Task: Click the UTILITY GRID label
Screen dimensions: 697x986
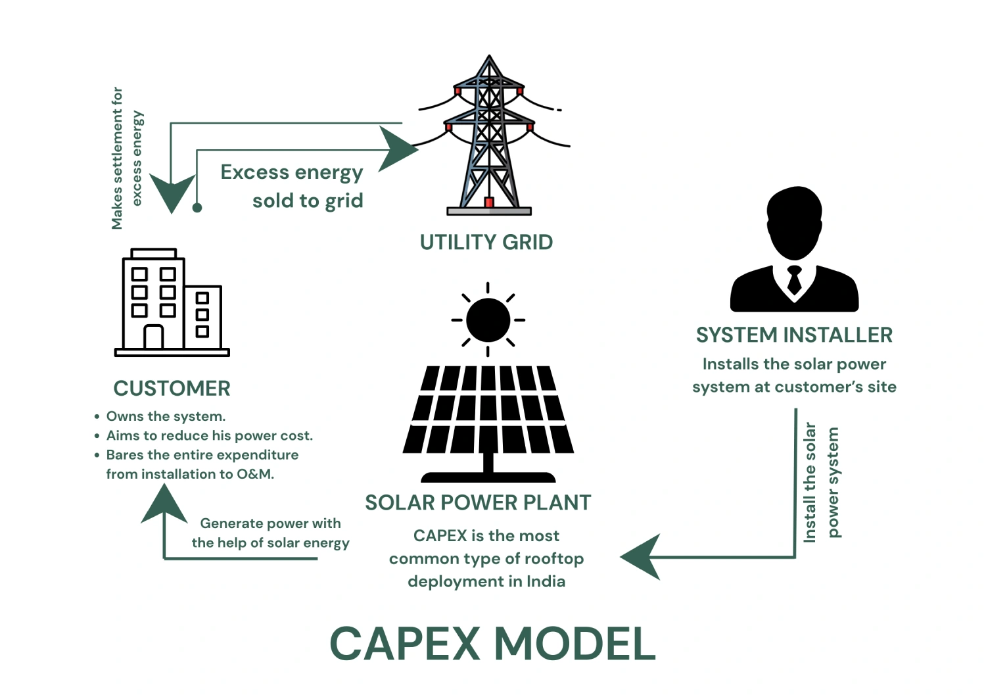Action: tap(486, 243)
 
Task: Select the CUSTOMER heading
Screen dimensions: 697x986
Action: tap(172, 389)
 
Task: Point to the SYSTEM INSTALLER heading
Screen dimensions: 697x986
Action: tap(794, 335)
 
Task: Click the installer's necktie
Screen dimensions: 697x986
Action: tap(794, 280)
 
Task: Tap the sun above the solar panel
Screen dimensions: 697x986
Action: tap(488, 320)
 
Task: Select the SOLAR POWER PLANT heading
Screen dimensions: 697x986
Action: tap(478, 503)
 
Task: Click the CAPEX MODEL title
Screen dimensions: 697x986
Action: tap(492, 644)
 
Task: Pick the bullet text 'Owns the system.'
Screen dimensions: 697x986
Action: tap(166, 416)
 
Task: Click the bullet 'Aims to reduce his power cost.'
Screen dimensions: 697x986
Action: tap(209, 435)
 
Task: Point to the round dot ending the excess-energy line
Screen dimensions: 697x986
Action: tap(197, 208)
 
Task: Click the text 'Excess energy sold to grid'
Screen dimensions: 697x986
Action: tap(293, 186)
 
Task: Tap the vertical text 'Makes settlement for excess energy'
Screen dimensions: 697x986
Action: tap(126, 158)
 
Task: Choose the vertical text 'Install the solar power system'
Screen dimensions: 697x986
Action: tap(821, 482)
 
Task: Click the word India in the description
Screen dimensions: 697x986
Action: tap(546, 581)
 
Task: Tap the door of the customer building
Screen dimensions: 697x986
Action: tap(153, 337)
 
